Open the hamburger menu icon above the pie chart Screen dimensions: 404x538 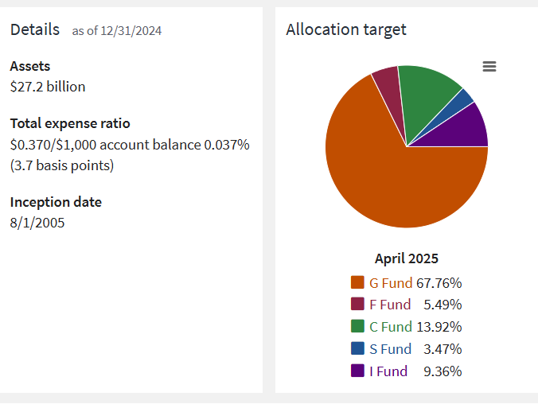[x=489, y=67]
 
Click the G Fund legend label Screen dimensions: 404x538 [x=391, y=282]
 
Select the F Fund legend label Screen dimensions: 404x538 [x=390, y=305]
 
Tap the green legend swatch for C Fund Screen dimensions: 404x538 [x=357, y=327]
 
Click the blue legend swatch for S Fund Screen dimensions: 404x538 [x=357, y=349]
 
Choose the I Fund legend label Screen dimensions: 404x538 [x=388, y=371]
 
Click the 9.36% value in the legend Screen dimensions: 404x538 [x=444, y=371]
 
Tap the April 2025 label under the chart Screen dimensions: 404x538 [x=407, y=258]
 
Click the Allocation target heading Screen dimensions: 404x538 [x=346, y=30]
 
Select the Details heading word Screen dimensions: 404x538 [x=34, y=30]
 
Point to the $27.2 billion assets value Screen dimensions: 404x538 [x=48, y=87]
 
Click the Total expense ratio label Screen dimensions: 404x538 [x=70, y=123]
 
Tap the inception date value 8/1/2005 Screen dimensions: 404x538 [x=37, y=223]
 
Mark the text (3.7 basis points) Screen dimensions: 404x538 [x=62, y=165]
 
